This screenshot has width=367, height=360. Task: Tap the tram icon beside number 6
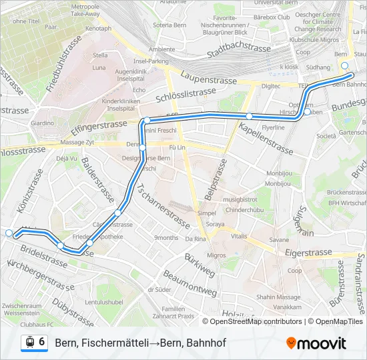tap(29, 343)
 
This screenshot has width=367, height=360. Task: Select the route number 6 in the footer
tap(42, 342)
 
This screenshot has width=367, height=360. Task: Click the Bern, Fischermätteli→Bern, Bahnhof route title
tap(140, 343)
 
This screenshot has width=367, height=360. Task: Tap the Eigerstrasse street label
tap(308, 253)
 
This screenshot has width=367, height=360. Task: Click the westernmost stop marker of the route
tap(9, 233)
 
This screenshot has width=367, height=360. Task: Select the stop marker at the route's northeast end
tap(344, 65)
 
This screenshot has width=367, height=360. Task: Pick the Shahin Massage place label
tap(278, 297)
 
